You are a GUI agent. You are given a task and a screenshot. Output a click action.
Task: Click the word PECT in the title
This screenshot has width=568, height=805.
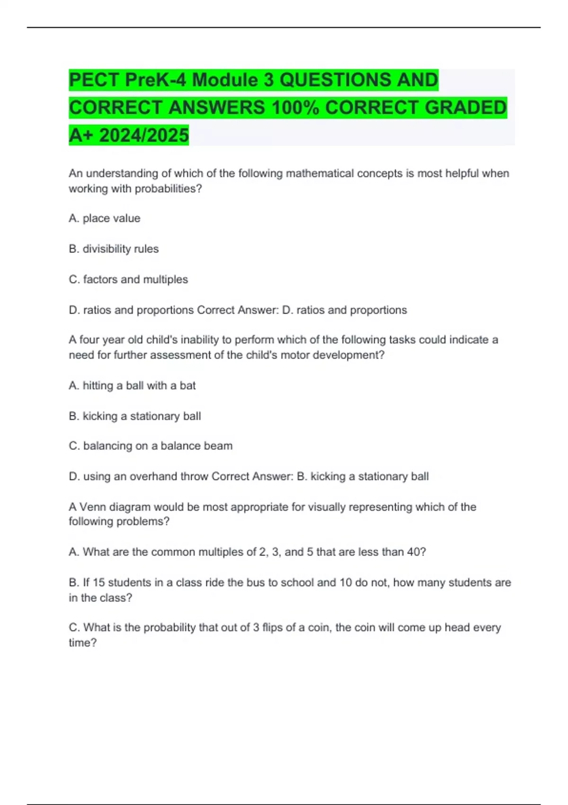coord(93,80)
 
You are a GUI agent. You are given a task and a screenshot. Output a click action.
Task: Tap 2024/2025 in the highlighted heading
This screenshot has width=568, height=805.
coord(144,135)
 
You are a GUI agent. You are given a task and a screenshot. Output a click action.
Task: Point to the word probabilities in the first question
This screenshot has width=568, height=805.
coord(168,188)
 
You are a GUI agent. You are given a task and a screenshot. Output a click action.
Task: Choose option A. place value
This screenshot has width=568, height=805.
coord(105,218)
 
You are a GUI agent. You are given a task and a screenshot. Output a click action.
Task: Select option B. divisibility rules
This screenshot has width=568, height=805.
coord(114,249)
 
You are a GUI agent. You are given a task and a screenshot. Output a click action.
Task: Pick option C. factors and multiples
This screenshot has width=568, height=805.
coord(128,279)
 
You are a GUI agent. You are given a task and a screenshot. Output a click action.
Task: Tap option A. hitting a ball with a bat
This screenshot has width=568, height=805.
coord(132,385)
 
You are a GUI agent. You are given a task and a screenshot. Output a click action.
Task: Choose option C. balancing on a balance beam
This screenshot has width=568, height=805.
coord(151,446)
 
